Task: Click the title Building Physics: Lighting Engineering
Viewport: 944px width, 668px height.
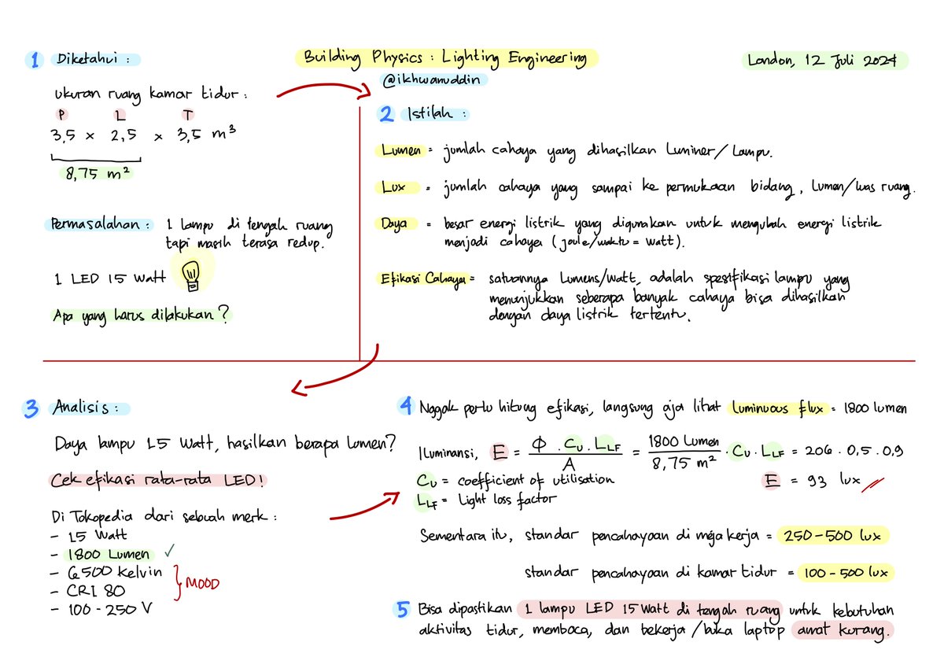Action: point(445,57)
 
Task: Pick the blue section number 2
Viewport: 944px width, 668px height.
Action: point(386,114)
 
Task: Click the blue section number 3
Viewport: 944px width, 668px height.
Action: point(32,408)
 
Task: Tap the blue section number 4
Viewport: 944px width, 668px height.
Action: point(406,407)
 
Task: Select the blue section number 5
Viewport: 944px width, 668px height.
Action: point(403,609)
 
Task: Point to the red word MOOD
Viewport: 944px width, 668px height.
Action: point(202,584)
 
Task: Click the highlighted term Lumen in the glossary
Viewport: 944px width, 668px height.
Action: point(400,150)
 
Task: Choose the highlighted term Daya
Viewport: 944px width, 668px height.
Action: point(395,224)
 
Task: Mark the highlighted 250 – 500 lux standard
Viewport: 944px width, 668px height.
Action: point(833,536)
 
